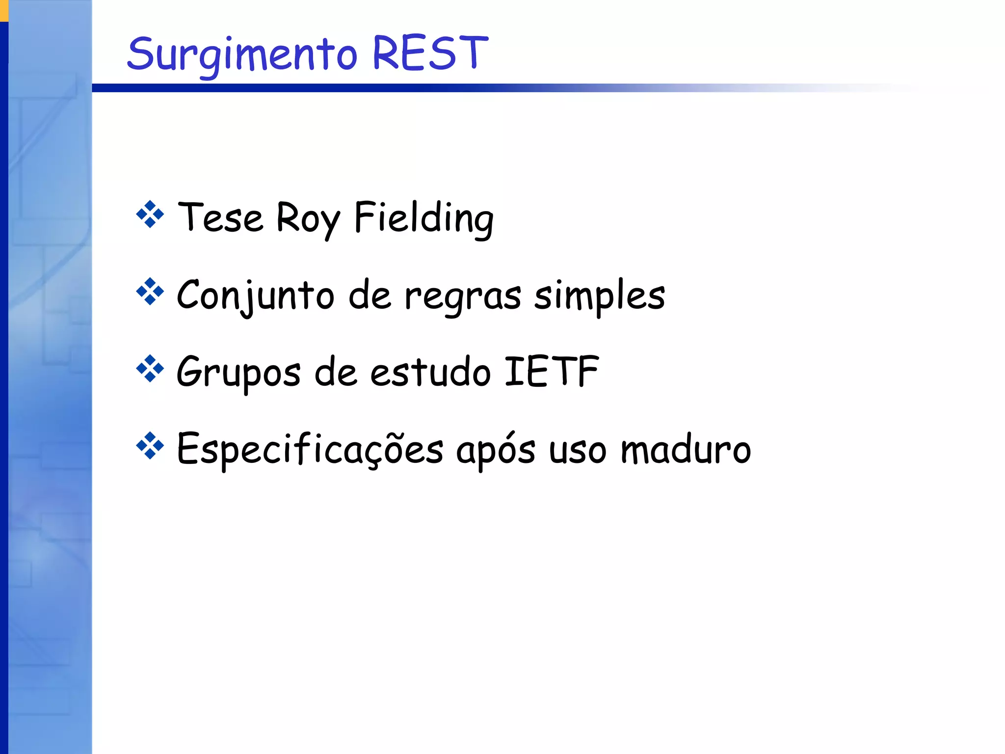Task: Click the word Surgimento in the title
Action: [242, 54]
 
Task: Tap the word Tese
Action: [220, 217]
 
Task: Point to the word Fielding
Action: [423, 218]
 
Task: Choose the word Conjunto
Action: [256, 296]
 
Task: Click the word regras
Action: [462, 296]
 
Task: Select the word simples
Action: [599, 296]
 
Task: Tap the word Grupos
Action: [238, 373]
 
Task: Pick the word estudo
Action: [430, 372]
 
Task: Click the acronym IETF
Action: [552, 371]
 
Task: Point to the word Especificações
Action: [310, 449]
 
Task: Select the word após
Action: [496, 449]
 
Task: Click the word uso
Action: [578, 450]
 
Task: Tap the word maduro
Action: [686, 449]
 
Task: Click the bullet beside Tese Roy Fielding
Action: [150, 215]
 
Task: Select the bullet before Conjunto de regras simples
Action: [150, 292]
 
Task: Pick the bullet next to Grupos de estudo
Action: [150, 369]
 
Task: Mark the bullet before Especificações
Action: [150, 446]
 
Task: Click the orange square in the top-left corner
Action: [4, 10]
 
